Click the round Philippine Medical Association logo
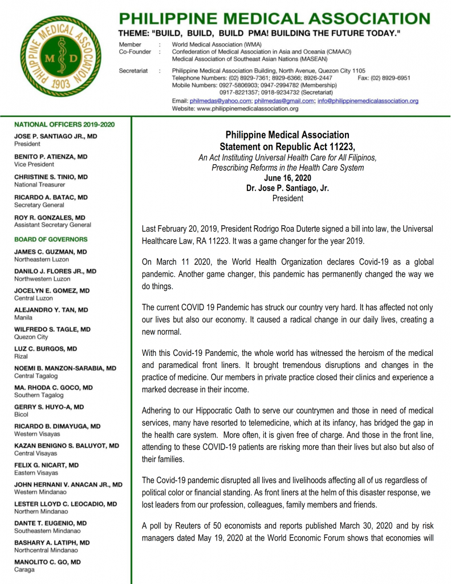58,64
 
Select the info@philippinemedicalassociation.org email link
368,100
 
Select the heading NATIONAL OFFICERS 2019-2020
64,124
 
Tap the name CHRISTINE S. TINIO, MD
51,177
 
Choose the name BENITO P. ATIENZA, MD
51,156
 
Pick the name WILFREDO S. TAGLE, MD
52,330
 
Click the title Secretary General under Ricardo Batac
39,205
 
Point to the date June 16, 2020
288,178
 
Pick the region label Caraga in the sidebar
24,569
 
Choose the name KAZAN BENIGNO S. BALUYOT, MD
66,445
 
